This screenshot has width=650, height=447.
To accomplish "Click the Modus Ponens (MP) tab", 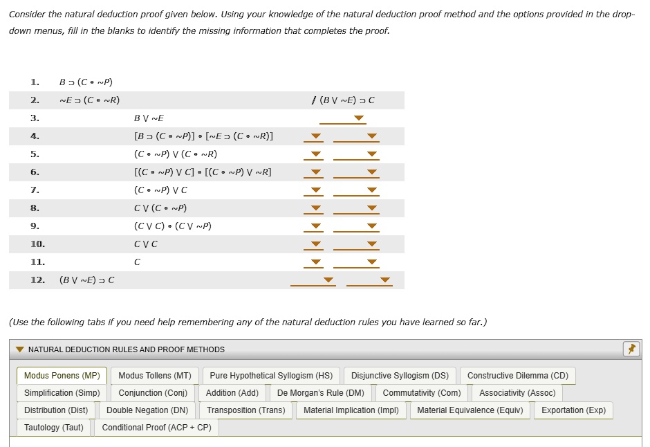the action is [62, 376].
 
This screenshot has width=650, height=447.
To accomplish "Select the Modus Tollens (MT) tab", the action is [155, 376].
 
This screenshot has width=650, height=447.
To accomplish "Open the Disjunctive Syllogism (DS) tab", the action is [400, 376].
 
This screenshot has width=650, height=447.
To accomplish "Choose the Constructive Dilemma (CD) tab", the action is [517, 376].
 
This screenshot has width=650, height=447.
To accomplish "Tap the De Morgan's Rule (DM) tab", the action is [320, 393].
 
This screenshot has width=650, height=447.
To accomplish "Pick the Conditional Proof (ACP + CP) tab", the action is [156, 428].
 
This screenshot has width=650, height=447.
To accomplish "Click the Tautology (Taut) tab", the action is [53, 428].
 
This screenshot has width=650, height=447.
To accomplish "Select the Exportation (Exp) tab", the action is [573, 410].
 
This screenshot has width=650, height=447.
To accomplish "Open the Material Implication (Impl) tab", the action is [351, 410].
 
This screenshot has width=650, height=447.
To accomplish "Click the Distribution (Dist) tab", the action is [56, 410].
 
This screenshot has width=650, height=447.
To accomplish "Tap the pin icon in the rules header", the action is [631, 349].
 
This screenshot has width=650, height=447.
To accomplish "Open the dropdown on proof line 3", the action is [358, 118].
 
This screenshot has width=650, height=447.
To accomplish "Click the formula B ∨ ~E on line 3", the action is [149, 118].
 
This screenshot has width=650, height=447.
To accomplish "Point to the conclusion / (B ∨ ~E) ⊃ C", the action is [344, 100].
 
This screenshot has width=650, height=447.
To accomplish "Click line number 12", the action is [37, 280].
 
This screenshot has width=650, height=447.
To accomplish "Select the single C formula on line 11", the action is [137, 262].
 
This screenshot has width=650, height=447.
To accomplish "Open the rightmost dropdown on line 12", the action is [385, 280].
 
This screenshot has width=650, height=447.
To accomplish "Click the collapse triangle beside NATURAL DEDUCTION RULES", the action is [20, 349].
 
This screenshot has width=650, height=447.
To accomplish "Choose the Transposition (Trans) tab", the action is [245, 410].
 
